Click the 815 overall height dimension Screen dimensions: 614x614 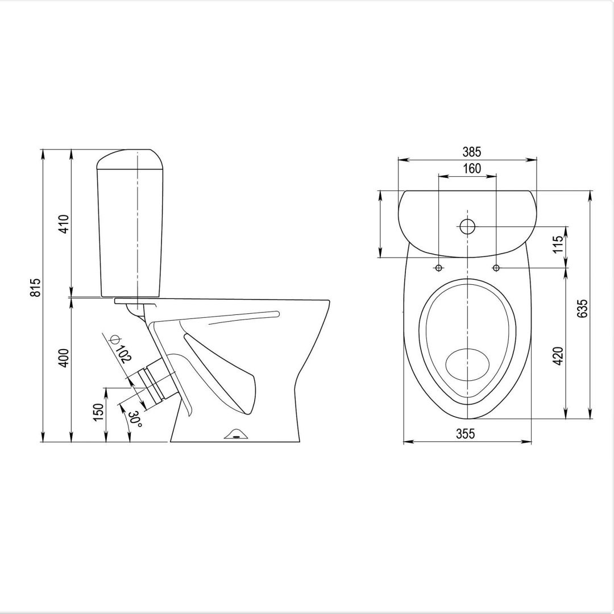click(35, 288)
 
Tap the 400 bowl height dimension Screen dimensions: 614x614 click(64, 357)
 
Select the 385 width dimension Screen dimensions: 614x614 click(471, 152)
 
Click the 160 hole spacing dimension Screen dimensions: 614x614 click(471, 168)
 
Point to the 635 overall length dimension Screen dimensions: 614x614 click(582, 308)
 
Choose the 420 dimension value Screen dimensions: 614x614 click(558, 355)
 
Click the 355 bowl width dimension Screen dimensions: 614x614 click(465, 434)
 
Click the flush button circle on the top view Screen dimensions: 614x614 click(467, 226)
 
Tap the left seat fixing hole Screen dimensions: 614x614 click(439, 268)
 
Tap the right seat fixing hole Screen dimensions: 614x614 click(496, 268)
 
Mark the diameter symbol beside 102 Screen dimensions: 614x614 click(114, 340)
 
